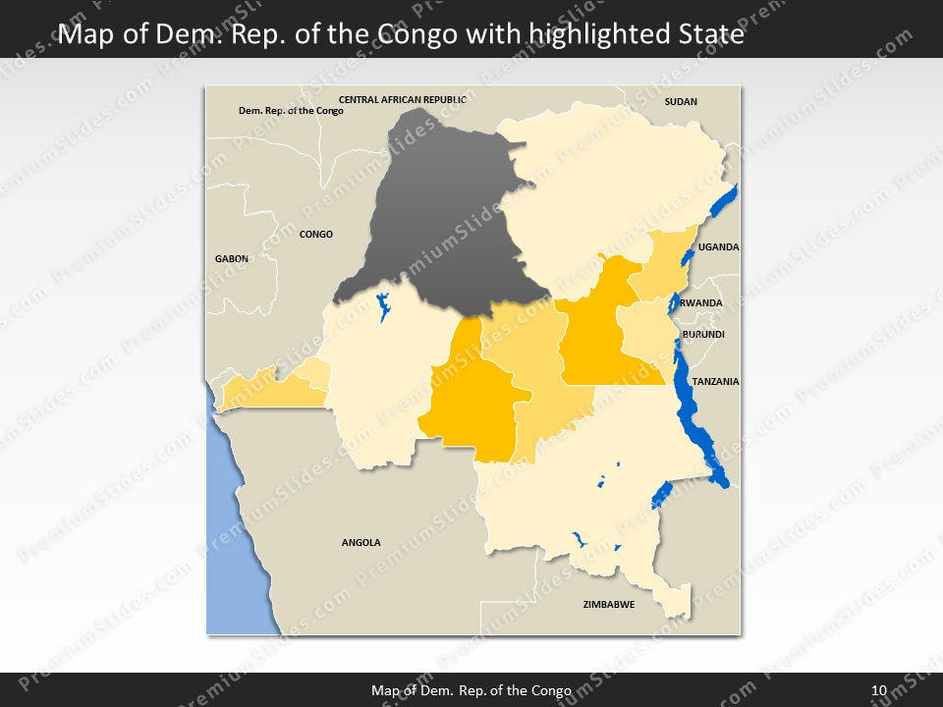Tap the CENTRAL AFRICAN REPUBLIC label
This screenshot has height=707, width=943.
[x=402, y=99]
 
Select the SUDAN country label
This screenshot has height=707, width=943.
[x=681, y=101]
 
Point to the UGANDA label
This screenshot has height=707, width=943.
[x=718, y=247]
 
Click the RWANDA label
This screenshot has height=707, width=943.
[x=701, y=303]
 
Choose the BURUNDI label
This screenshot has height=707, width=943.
[x=703, y=335]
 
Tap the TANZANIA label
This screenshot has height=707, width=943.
[x=715, y=381]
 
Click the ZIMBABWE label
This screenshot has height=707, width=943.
[x=608, y=604]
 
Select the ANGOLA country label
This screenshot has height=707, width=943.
[x=361, y=542]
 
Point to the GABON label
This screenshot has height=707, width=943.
[x=232, y=258]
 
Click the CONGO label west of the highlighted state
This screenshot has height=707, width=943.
[x=316, y=235]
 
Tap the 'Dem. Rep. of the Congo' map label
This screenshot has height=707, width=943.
[x=291, y=111]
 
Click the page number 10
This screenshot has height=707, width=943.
[x=879, y=690]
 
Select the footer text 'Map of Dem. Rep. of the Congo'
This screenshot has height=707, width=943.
[x=471, y=690]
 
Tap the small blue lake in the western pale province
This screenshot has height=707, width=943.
[x=383, y=306]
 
